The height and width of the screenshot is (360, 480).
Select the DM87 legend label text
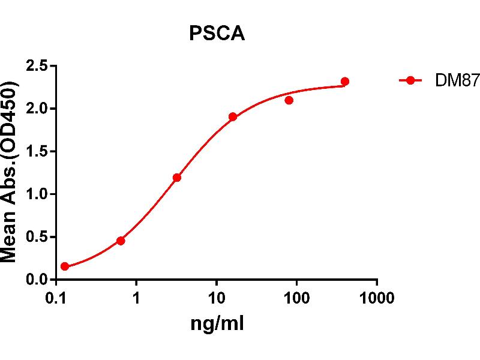(x=449, y=82)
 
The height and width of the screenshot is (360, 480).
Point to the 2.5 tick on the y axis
(x=37, y=66)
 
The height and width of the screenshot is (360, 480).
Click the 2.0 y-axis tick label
(x=37, y=109)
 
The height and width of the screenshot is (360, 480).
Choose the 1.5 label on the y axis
(x=37, y=152)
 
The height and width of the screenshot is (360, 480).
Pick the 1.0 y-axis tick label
(x=37, y=194)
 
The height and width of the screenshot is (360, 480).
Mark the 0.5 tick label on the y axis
(x=37, y=237)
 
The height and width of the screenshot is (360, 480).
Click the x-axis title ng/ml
(x=217, y=325)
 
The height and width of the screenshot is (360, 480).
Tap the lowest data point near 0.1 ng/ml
(x=65, y=266)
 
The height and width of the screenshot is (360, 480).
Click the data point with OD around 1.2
(x=177, y=178)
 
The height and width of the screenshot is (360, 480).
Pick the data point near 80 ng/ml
(x=289, y=100)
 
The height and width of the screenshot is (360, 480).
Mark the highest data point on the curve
(x=345, y=82)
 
